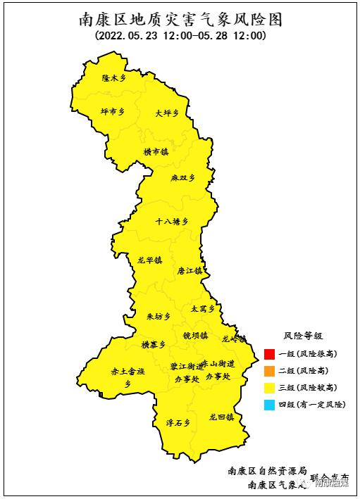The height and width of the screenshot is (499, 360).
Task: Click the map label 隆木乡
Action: click(x=113, y=79)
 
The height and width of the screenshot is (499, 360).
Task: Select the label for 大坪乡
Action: click(x=167, y=113)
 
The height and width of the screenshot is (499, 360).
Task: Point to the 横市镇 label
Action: click(x=156, y=151)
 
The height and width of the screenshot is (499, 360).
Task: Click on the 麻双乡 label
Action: click(x=182, y=179)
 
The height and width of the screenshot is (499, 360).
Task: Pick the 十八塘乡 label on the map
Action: click(x=172, y=221)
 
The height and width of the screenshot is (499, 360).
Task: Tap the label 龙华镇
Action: click(x=149, y=260)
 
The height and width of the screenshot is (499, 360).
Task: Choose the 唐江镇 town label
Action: click(x=190, y=270)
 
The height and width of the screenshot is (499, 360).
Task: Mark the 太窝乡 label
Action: click(x=202, y=308)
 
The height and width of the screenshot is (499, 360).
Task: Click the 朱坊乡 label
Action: click(x=159, y=317)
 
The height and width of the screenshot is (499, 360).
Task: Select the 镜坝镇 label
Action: click(x=195, y=335)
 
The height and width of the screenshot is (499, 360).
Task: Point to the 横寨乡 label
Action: click(x=154, y=344)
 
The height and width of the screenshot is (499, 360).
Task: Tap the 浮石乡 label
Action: click(x=178, y=422)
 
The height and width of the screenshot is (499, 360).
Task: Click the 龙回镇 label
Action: click(x=221, y=417)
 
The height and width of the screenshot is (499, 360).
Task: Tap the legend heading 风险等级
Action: click(x=303, y=336)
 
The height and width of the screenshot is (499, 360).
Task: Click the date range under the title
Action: click(x=180, y=36)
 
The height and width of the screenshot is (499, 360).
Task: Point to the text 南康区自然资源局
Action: click(x=268, y=470)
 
